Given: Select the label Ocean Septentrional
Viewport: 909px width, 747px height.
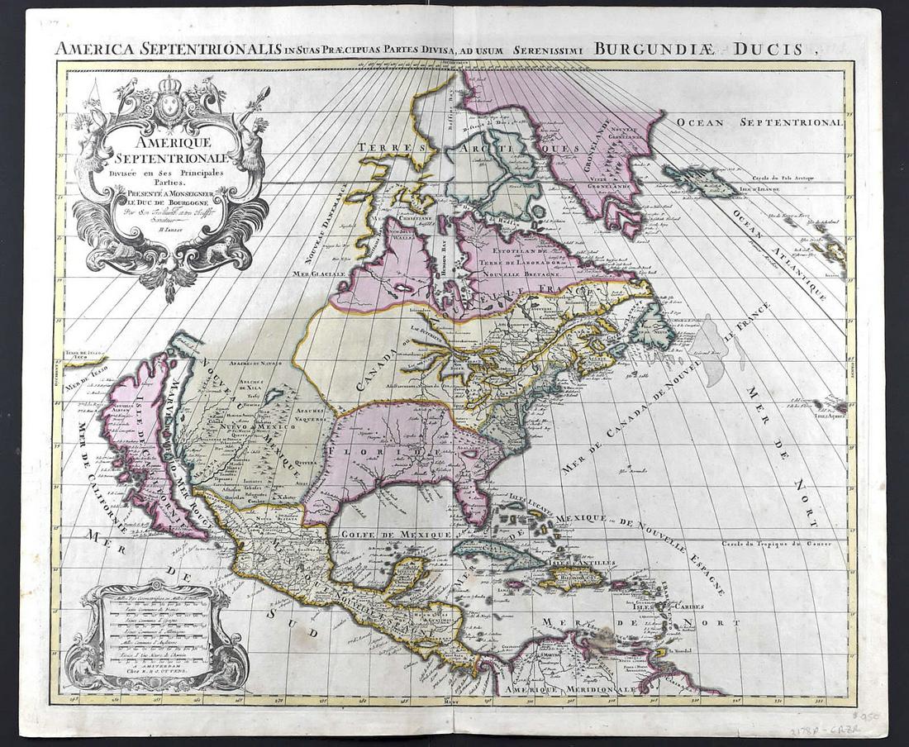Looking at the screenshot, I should [x=759, y=122].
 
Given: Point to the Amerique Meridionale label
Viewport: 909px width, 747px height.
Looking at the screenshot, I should [x=569, y=688].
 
